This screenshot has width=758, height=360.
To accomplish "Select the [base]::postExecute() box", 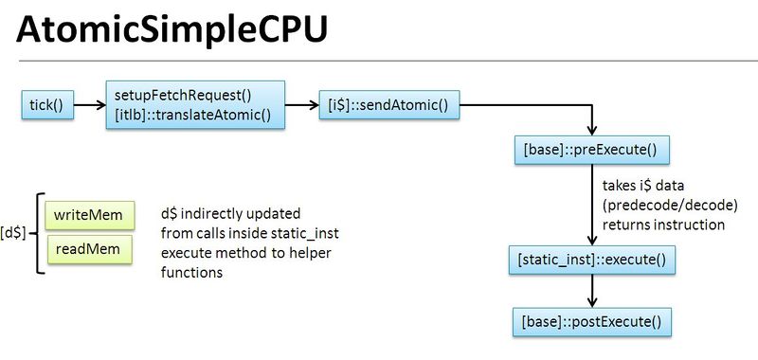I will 591,320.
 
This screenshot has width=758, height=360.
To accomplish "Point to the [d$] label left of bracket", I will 14,231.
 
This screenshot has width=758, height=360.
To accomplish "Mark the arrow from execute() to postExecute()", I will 591,290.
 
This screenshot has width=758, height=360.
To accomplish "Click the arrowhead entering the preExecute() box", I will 591,130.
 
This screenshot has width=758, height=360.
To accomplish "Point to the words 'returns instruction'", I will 662,225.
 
